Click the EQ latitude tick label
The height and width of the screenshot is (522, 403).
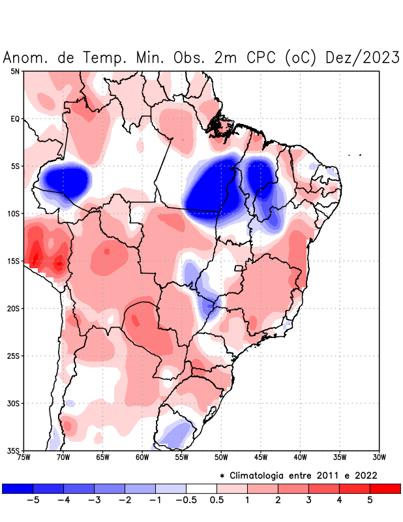pos(15,119)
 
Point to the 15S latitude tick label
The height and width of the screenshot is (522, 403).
pos(14,261)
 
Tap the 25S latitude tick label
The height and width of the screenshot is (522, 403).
pos(14,356)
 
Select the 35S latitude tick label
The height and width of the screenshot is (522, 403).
pos(14,450)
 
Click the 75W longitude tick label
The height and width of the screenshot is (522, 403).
pos(24,457)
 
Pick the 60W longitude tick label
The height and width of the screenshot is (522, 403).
pos(143,457)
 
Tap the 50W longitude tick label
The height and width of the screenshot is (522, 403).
pos(222,457)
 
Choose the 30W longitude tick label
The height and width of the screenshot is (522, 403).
pos(380,457)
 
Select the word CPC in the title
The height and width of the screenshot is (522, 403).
pos(262,57)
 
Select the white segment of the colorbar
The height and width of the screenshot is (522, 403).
pos(201,488)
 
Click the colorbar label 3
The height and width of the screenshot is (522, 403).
pos(308,500)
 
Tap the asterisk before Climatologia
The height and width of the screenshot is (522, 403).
pos(231,476)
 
